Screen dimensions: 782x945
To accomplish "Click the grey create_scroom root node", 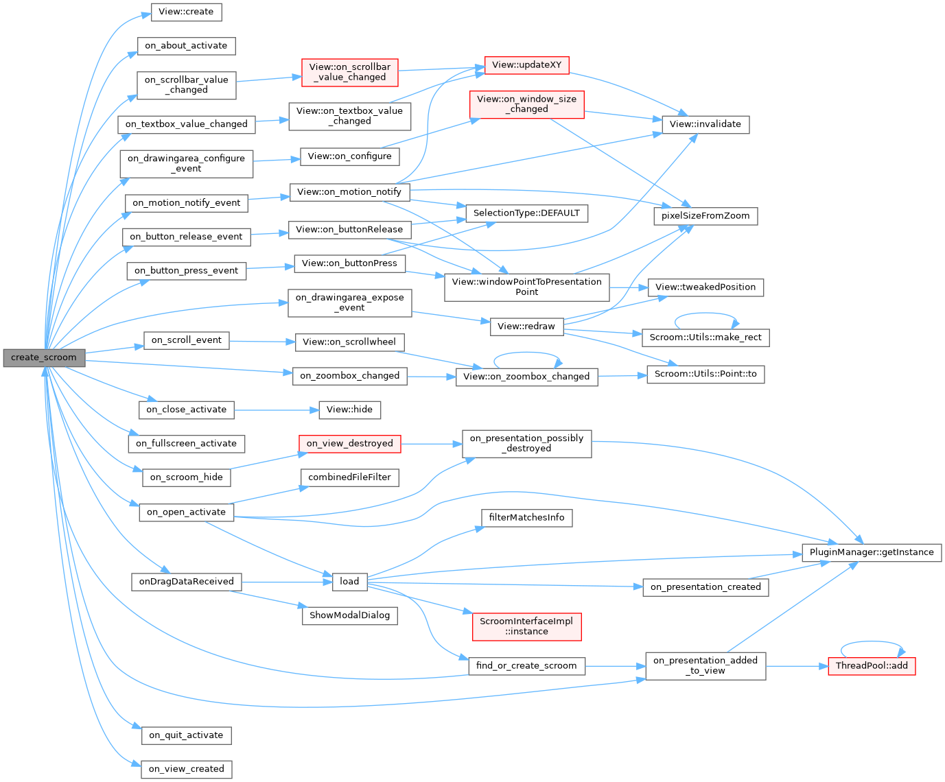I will pos(44,357).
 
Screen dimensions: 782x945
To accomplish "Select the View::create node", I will pos(186,12).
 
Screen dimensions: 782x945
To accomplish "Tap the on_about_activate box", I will pos(186,46).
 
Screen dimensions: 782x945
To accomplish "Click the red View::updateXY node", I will pos(526,65).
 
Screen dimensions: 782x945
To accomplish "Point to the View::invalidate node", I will pos(705,124).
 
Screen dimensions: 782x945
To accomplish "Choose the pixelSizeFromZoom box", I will pos(705,216).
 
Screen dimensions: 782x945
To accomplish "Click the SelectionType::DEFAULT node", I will pos(526,213).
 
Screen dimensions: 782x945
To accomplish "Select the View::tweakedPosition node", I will pos(705,287).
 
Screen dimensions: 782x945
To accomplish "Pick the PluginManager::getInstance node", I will pos(872,552).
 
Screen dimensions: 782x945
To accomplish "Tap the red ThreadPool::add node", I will pos(872,665).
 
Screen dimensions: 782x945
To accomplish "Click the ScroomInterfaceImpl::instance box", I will pos(526,626).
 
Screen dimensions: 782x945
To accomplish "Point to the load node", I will pos(349,582).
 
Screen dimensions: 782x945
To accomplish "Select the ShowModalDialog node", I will pos(349,615).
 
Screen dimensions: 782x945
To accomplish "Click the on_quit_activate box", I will pos(186,735).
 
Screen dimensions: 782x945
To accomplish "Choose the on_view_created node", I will pos(186,769).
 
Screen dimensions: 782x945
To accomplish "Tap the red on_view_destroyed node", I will pos(349,444).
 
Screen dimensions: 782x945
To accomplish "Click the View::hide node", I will pos(349,410).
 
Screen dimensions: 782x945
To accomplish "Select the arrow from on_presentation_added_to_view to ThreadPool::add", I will pos(796,665).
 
